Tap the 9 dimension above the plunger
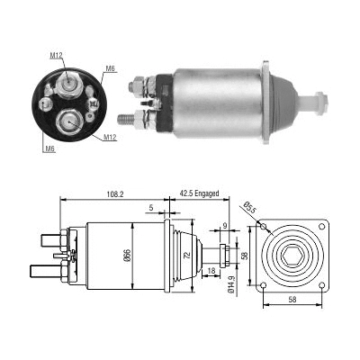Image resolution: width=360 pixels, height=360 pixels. pos(224,226)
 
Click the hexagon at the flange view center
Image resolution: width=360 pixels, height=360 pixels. pos(294,256)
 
